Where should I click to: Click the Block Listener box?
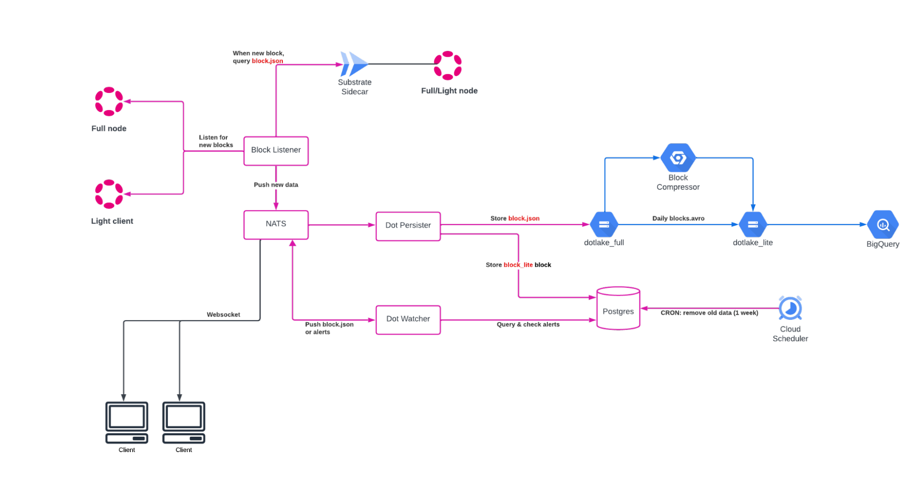tap(275, 150)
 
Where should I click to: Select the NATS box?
tap(275, 225)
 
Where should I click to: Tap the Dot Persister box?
tap(408, 226)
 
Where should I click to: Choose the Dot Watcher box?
tap(408, 319)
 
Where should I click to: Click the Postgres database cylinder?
tap(618, 309)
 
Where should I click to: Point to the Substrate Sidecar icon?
tap(354, 64)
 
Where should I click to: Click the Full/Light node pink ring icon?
tap(447, 65)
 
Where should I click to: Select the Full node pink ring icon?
tap(109, 101)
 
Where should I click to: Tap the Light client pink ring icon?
tap(109, 194)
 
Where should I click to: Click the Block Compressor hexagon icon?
tap(678, 158)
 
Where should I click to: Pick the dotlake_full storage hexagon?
tap(603, 224)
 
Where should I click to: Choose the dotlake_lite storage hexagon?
tap(753, 224)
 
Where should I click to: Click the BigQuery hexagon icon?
tap(882, 225)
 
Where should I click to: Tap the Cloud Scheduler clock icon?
tap(790, 308)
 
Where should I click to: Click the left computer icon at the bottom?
tap(127, 422)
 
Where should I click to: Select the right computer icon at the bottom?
tap(184, 422)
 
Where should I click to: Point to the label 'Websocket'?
tap(223, 314)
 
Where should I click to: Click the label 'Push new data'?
tap(275, 184)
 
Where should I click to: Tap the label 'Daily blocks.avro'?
tap(678, 218)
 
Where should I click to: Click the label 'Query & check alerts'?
tap(528, 324)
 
